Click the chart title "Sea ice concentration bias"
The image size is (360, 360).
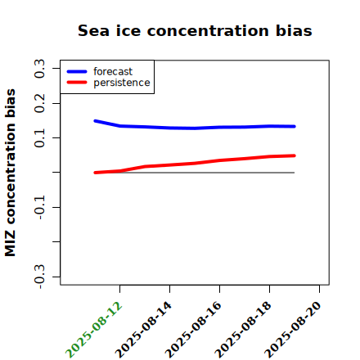coord(195,30)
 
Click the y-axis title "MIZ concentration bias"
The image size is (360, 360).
coord(11,173)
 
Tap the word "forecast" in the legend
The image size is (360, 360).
coord(113,71)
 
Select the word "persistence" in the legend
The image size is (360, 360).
coord(122,83)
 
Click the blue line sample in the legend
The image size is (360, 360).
coord(77,71)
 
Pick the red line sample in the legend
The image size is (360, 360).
coord(77,83)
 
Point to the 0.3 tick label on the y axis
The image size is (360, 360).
coord(39,69)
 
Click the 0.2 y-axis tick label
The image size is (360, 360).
coord(39,103)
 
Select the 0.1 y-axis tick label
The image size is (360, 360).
coord(39,138)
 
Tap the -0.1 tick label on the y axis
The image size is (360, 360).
coord(39,207)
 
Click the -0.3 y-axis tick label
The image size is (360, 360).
coord(39,277)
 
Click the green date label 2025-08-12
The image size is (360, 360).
coord(93,330)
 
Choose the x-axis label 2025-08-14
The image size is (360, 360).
coord(143,330)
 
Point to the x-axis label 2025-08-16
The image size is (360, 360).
coord(193,330)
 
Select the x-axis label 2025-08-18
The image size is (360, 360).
coord(243,330)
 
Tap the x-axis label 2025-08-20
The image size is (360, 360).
coord(293,330)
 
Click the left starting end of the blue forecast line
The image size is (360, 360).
coord(95,121)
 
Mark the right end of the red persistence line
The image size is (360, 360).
coord(295,155)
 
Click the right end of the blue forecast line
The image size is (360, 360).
coord(295,127)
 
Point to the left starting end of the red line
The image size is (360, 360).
coord(95,173)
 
